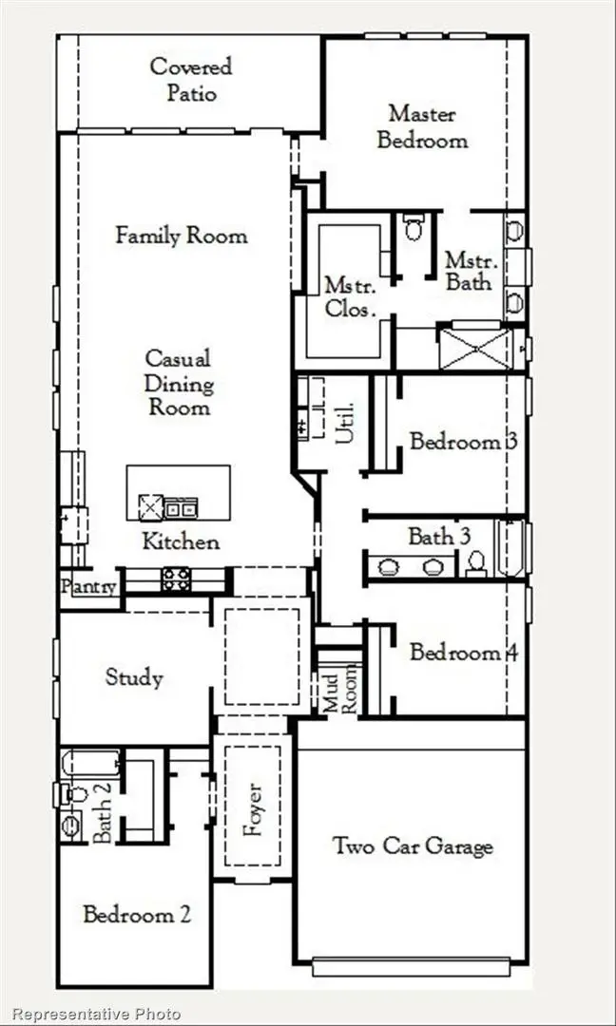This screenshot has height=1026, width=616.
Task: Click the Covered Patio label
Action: tap(190, 80)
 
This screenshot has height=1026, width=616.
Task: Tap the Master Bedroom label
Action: tap(422, 126)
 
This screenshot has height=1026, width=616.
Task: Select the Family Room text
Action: tap(181, 236)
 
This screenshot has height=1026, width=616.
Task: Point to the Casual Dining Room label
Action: tap(178, 383)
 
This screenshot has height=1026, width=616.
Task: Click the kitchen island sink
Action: tap(152, 506)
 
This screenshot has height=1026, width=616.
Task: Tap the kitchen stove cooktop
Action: tap(176, 579)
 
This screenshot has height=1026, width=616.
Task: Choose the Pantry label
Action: tap(89, 586)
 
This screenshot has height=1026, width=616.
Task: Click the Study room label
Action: tap(133, 677)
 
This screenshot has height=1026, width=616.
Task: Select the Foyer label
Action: tap(252, 809)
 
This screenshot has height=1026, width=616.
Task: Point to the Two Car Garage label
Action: tap(413, 845)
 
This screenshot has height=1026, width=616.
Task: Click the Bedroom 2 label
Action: tap(137, 915)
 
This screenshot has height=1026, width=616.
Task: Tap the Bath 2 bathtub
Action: tap(91, 764)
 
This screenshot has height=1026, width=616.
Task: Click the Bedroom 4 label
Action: tap(455, 653)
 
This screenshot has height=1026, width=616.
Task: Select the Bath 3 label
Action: tap(439, 536)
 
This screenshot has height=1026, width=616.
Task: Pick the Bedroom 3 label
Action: tap(463, 442)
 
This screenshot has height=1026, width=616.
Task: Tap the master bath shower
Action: tap(473, 346)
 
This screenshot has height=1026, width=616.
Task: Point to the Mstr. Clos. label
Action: tap(350, 296)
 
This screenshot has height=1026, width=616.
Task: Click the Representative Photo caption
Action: tap(96, 1014)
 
